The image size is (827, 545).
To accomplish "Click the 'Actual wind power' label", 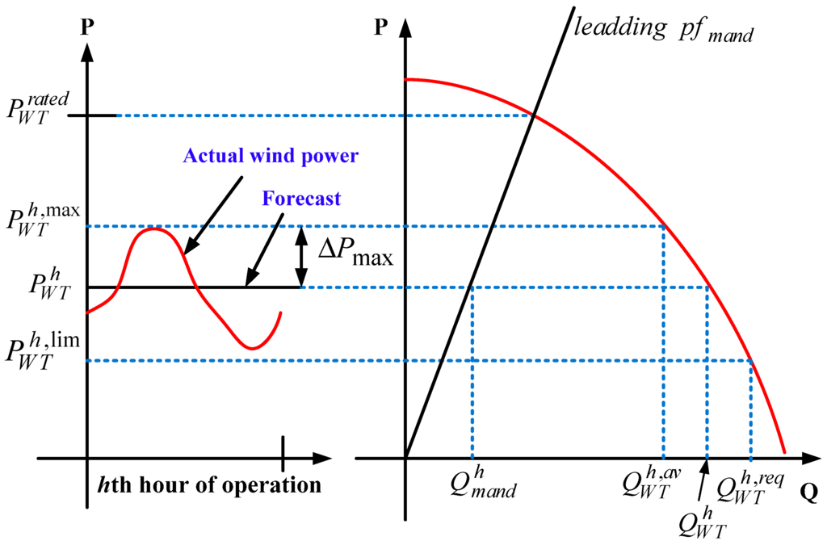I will pyautogui.click(x=270, y=156).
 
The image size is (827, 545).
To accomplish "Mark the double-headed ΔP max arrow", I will pyautogui.click(x=300, y=257).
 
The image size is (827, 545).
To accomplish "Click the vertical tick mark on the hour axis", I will pyautogui.click(x=283, y=453).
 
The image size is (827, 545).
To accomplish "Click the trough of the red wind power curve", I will pyautogui.click(x=252, y=348).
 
